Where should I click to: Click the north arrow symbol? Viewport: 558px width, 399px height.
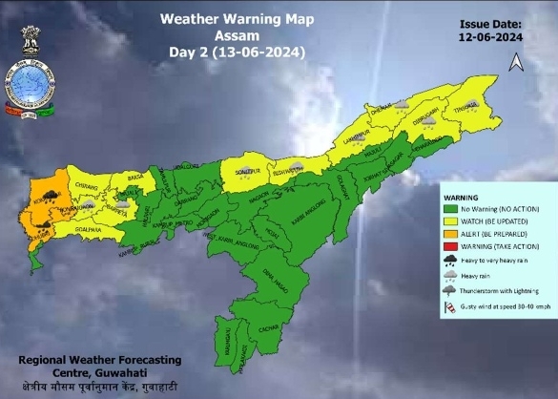[x=516, y=62]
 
